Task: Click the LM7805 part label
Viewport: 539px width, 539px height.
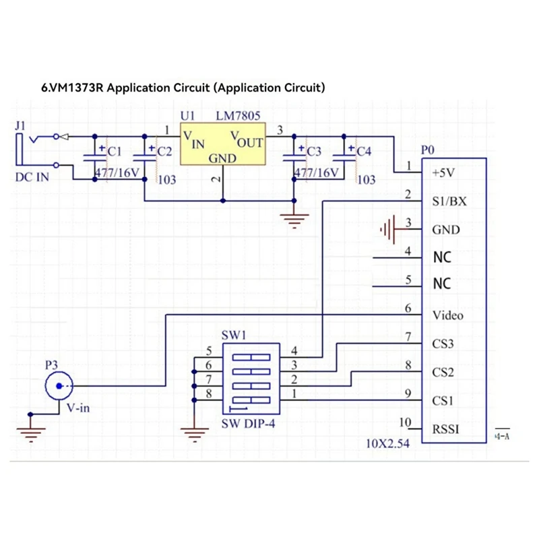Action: [x=238, y=116]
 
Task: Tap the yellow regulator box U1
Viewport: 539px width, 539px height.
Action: [x=223, y=144]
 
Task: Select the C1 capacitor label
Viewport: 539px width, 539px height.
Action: [x=115, y=151]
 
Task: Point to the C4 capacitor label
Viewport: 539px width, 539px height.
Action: [x=364, y=151]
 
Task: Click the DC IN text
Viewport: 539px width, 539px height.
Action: [x=32, y=177]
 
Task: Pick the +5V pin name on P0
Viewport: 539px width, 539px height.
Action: [x=443, y=172]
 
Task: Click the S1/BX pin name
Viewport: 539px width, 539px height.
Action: [x=449, y=201]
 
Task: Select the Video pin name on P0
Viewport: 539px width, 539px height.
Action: [x=448, y=315]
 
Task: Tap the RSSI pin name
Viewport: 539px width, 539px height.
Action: [x=445, y=429]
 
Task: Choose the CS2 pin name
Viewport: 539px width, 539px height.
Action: [x=443, y=373]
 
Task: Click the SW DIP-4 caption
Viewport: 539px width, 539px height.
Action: [x=248, y=424]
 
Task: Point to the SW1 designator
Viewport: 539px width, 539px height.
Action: [x=234, y=335]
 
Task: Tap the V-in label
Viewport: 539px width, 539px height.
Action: [x=78, y=408]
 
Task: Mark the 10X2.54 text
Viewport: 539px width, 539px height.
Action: [x=388, y=443]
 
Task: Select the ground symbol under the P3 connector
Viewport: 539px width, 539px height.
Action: [x=31, y=435]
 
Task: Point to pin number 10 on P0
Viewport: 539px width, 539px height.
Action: [x=406, y=422]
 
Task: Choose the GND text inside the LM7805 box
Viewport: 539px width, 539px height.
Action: [x=222, y=158]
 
